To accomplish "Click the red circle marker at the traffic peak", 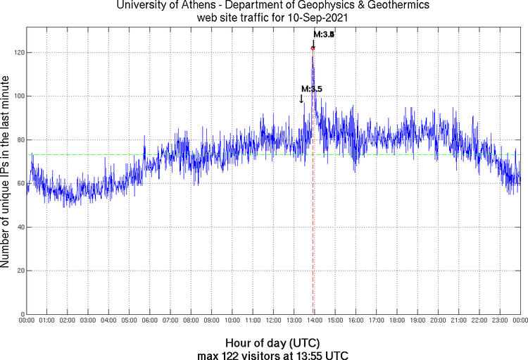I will [x=313, y=48].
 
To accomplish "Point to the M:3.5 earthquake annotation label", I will [x=311, y=89].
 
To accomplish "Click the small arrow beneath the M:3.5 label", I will [x=302, y=99].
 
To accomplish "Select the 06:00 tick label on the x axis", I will [x=150, y=321].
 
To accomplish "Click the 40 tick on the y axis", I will [x=19, y=227].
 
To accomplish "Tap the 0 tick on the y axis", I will [x=21, y=314].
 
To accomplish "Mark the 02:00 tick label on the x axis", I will [x=68, y=321].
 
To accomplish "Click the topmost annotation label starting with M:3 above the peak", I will [x=324, y=34].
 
